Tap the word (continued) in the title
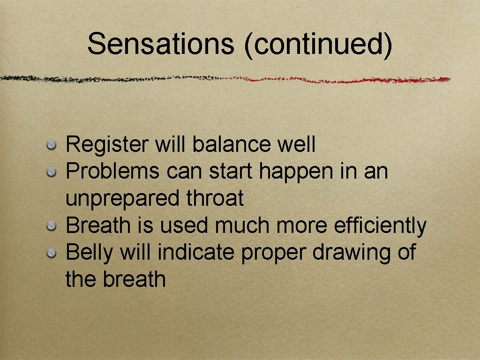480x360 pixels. click(x=318, y=45)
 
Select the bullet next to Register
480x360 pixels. click(x=52, y=145)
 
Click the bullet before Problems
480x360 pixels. click(x=52, y=172)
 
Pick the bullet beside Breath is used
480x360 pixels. click(x=52, y=226)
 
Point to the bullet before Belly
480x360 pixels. click(x=52, y=254)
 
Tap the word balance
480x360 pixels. click(x=232, y=144)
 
